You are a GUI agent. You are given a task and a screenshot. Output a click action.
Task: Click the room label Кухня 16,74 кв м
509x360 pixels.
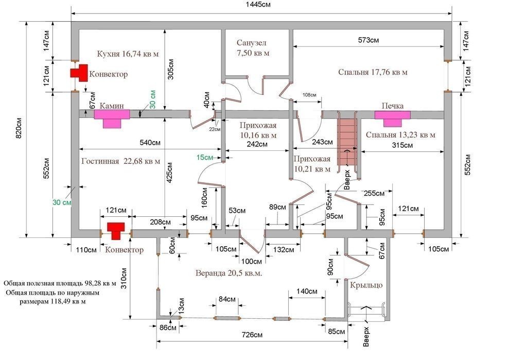point(128,54)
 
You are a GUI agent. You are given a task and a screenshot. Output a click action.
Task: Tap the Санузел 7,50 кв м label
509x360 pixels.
point(253,48)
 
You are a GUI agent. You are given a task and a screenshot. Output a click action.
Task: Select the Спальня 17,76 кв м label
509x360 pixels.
point(373,72)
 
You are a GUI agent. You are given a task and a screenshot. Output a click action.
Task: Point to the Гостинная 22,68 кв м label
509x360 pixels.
point(120,161)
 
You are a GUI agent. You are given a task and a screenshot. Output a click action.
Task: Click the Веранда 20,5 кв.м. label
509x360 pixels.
point(229,273)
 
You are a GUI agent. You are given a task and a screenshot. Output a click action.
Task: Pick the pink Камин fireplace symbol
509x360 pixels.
point(112,118)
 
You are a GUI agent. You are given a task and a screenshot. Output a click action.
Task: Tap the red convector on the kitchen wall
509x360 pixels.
point(79,73)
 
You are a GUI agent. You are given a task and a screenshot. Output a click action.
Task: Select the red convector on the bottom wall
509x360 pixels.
point(116,231)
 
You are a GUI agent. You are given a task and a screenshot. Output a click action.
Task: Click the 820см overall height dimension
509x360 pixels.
point(19,128)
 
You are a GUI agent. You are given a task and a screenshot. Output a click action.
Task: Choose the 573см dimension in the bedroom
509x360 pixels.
point(368,40)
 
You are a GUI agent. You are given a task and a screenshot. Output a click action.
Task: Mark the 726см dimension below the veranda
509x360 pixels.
point(252,335)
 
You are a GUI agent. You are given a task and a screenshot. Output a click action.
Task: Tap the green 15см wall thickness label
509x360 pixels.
point(204,158)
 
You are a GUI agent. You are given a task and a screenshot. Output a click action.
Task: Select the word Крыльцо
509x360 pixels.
point(366,285)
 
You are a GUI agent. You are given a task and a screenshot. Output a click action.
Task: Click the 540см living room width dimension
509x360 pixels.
point(150,143)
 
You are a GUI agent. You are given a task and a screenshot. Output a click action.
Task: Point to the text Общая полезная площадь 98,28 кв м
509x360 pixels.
point(60,283)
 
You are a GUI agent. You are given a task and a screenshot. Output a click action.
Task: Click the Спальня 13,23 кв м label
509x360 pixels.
point(400,135)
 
